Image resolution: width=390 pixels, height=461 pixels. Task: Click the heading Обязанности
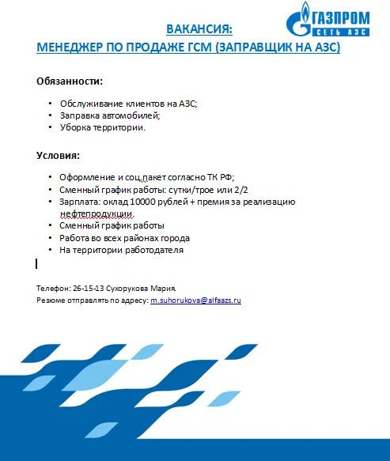[70, 81]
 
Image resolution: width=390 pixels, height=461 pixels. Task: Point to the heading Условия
[58, 155]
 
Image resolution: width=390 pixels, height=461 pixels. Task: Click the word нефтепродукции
[97, 213]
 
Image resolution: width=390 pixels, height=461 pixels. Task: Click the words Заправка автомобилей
[98, 115]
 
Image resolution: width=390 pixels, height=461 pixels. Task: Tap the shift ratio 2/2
[241, 190]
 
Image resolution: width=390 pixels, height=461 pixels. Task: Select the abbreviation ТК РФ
[220, 178]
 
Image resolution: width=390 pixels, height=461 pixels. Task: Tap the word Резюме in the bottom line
[51, 301]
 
